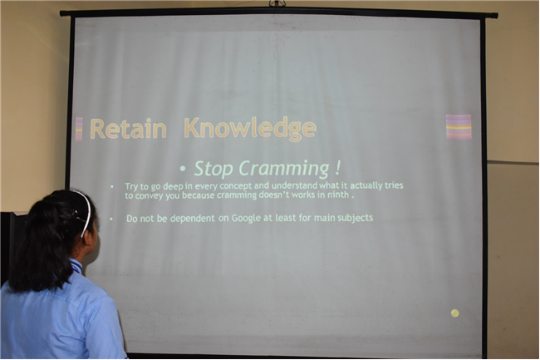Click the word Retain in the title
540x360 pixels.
(x=128, y=129)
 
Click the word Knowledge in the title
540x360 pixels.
(x=250, y=130)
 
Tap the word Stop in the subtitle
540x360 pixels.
(x=214, y=169)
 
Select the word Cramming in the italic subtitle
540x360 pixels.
(x=284, y=169)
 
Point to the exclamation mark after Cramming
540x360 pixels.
(x=337, y=168)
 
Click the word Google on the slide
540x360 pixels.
(x=246, y=219)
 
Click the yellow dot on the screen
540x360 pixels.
(x=455, y=313)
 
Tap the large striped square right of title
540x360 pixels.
(x=459, y=126)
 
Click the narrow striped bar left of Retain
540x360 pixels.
(x=79, y=129)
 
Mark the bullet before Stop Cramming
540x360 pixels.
(x=183, y=169)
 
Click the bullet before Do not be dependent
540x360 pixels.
(x=111, y=219)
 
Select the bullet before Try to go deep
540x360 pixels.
(x=112, y=187)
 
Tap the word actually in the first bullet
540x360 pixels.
(x=366, y=185)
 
